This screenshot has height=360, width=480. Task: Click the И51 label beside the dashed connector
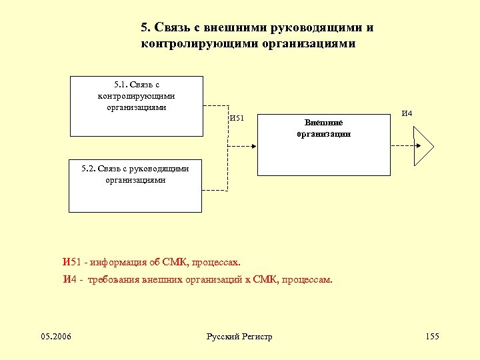point(237,119)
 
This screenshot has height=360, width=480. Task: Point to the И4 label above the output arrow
point(407,113)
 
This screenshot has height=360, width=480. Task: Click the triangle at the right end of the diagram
point(423,145)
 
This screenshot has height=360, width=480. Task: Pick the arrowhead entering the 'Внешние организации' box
point(254,145)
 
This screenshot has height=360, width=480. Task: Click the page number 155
point(432,336)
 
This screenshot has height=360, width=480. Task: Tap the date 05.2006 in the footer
point(57,336)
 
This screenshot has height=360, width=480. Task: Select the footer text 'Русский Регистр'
point(239,337)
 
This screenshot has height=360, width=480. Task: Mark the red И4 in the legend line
point(69,279)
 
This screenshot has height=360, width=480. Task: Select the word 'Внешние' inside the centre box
point(324,123)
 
